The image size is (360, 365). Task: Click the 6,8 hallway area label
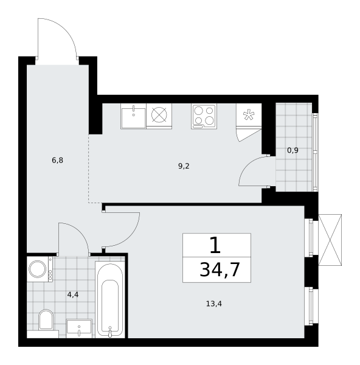tap(58, 161)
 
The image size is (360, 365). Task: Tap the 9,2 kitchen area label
tap(184, 166)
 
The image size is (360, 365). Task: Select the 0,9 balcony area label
tap(292, 150)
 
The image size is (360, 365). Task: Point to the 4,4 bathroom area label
tap(73, 295)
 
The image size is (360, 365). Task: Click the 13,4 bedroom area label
tap(214, 304)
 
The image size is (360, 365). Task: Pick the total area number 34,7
tap(220, 269)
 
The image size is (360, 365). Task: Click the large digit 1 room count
tap(215, 246)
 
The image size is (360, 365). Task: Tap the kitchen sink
tap(133, 116)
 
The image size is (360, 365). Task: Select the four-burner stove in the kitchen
tap(204, 116)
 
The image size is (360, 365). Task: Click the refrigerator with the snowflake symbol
tap(249, 115)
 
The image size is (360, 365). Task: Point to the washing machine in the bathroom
tap(40, 269)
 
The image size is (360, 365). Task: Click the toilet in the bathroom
tap(46, 319)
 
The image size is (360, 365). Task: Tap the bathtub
tap(110, 299)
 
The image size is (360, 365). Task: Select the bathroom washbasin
tap(79, 328)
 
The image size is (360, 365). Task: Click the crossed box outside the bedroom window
tap(330, 240)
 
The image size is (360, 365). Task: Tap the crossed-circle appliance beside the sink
tap(159, 115)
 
